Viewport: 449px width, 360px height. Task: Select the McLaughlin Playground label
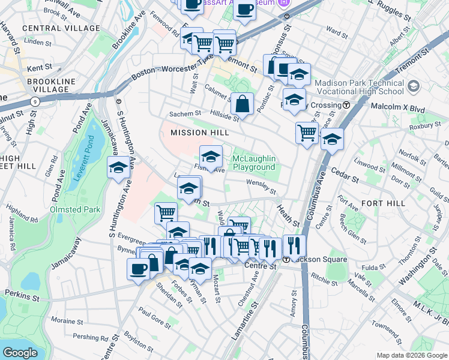pos(253,163)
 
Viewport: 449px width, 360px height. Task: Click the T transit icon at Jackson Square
pos(287,259)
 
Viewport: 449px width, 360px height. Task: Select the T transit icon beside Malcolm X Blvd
pos(346,105)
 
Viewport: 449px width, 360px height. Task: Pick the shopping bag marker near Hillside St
pos(242,104)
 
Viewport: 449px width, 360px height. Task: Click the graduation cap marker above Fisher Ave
pos(210,157)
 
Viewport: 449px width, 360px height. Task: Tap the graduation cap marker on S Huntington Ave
pos(119,169)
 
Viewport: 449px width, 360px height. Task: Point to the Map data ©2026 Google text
pos(412,355)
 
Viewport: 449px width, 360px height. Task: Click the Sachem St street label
pos(184,114)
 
